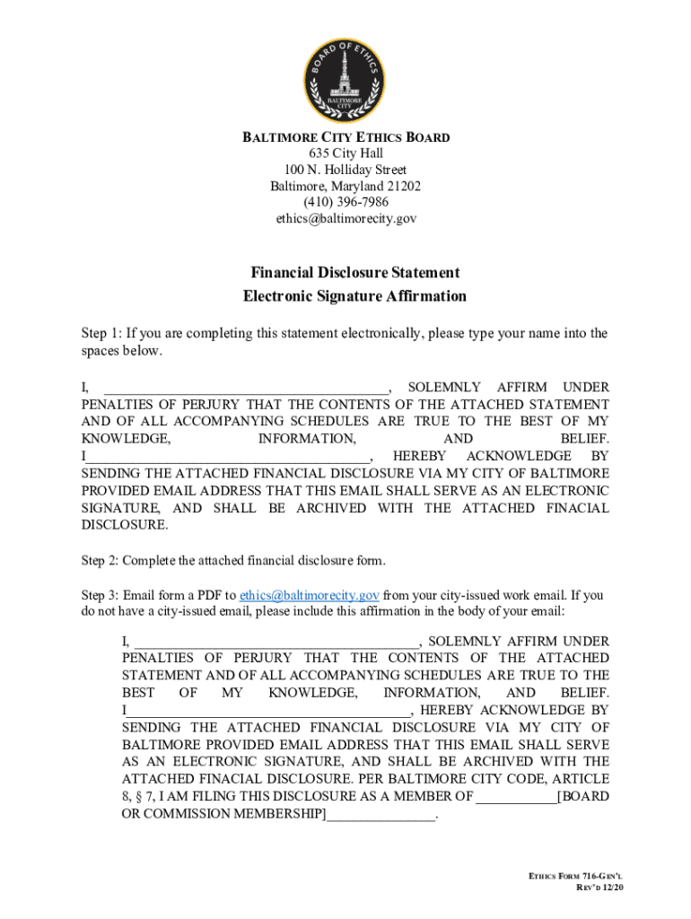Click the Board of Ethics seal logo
point(345,78)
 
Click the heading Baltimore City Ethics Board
point(345,137)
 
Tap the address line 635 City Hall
point(345,153)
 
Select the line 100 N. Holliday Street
point(345,170)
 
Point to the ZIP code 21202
point(402,186)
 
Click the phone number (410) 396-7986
point(345,202)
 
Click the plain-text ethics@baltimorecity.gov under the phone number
point(345,218)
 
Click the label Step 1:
point(99,334)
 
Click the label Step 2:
point(99,561)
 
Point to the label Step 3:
point(99,595)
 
